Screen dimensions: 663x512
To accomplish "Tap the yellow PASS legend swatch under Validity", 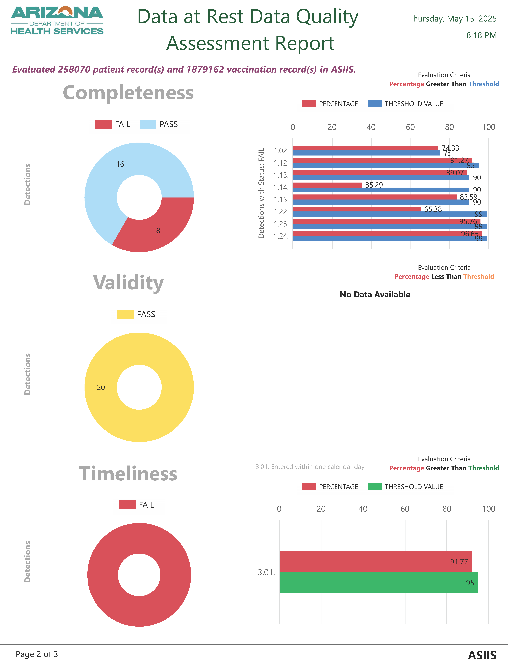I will [125, 314].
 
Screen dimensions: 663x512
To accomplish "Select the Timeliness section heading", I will [128, 474].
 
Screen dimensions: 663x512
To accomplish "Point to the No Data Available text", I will [375, 294].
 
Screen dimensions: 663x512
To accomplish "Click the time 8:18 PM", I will [481, 36].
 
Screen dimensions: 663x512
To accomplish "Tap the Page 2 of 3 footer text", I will [37, 654].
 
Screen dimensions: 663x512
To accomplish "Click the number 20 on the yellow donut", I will [101, 387].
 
